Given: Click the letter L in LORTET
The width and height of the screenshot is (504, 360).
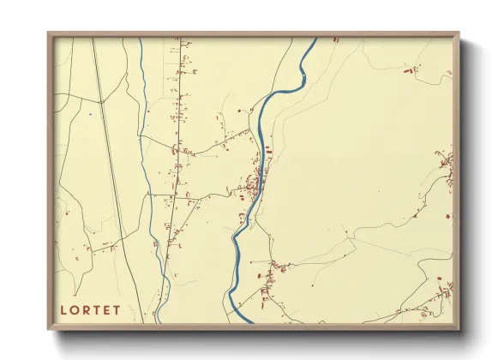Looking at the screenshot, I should pos(63,309).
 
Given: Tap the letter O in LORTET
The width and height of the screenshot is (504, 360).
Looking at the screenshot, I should pos(74,309).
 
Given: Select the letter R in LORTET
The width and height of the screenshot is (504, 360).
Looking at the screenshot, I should pos(85,309).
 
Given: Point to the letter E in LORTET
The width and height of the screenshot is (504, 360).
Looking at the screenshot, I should pos(105,309).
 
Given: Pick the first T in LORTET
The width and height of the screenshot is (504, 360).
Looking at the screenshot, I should pos(95,309).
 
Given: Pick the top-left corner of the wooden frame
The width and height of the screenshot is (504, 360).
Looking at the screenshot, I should pos(48,34).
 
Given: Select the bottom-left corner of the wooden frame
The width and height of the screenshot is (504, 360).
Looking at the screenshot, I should pos(48,329).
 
